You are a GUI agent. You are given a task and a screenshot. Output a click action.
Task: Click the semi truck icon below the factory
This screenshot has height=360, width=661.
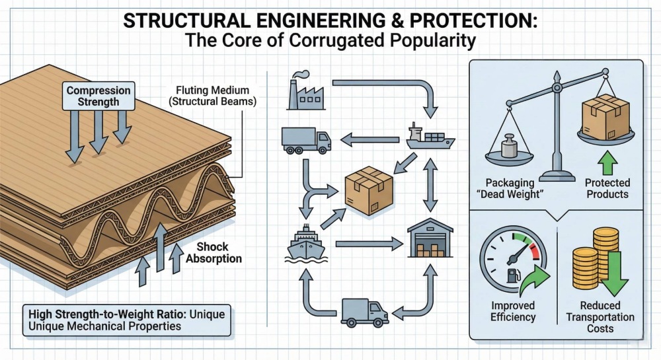pos(305,139)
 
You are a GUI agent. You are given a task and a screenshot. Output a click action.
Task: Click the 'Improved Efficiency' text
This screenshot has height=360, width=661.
pos(514,311)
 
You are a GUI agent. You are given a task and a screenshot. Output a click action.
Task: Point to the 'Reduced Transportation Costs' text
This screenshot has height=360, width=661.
pos(600,318)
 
